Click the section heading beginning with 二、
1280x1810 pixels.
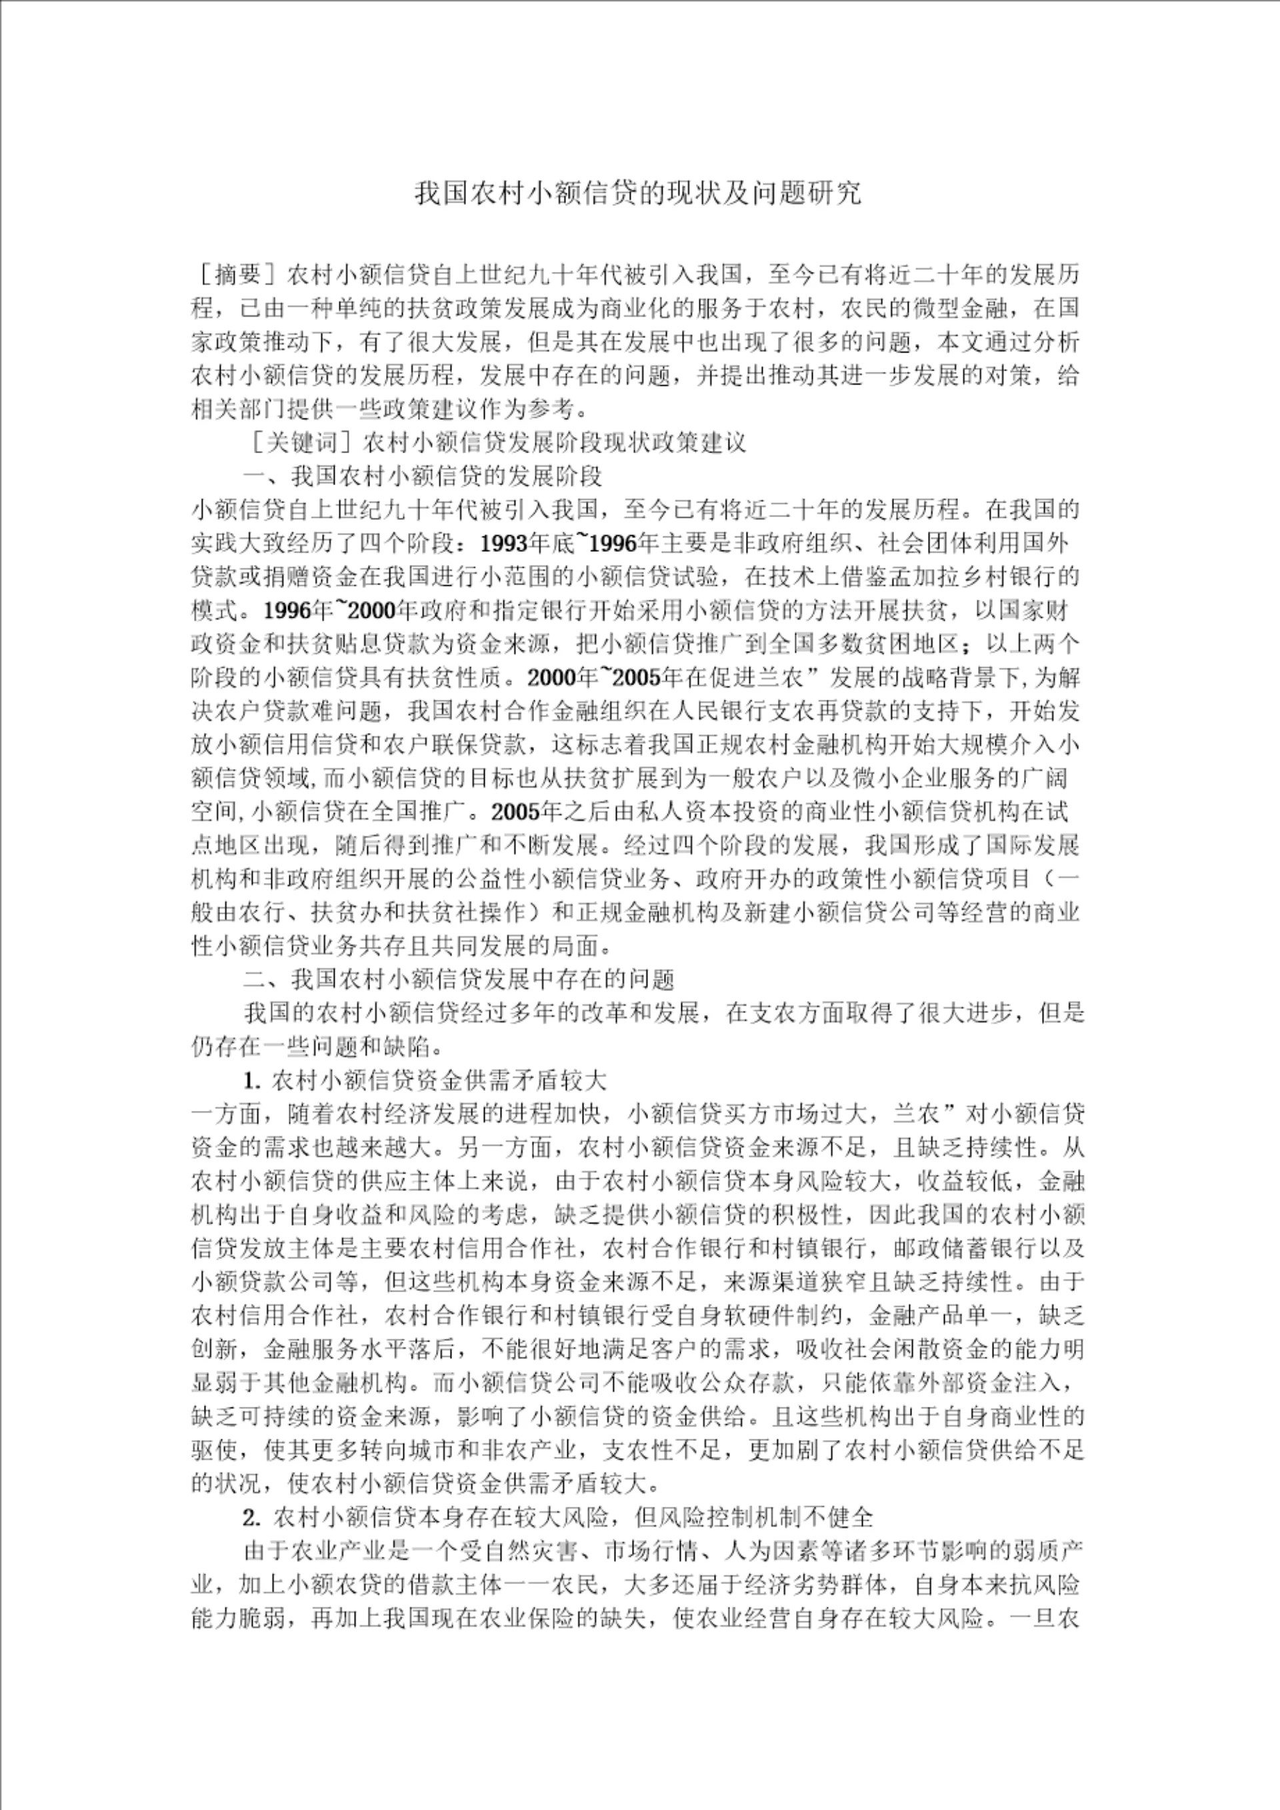click(459, 979)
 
